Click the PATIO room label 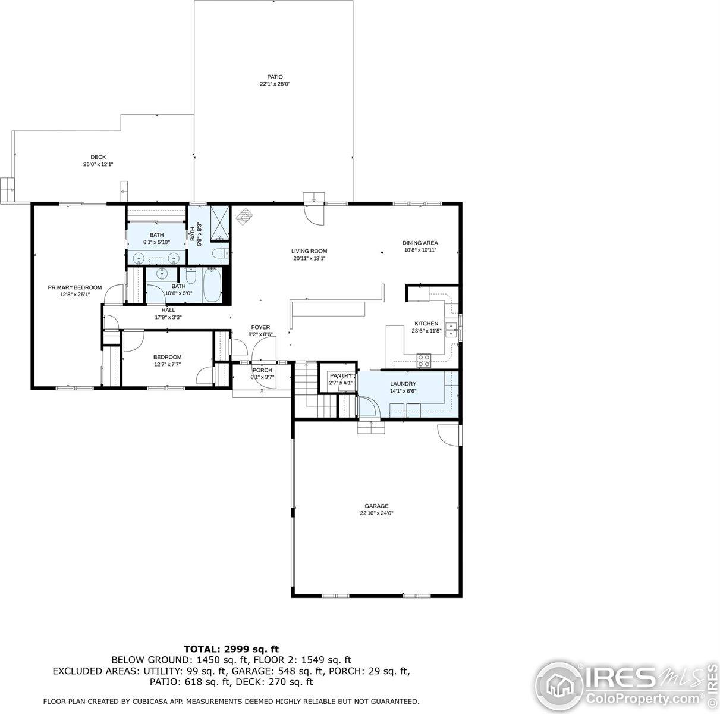tap(274, 77)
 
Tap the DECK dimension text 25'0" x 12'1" tap(98, 164)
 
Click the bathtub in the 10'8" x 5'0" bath tap(213, 286)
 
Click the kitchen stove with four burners tap(424, 360)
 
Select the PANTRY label tap(341, 375)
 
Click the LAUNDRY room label tap(403, 384)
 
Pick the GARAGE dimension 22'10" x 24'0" tap(376, 513)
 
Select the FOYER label tap(260, 327)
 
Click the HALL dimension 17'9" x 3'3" tap(168, 317)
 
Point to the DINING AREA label tap(420, 243)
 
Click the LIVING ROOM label tap(309, 251)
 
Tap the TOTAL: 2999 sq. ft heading tap(231, 649)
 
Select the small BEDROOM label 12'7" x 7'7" tap(167, 357)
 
